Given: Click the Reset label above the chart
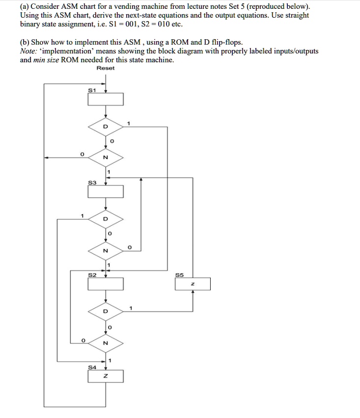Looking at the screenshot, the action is (x=106, y=68).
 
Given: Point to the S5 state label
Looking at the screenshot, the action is (x=179, y=275).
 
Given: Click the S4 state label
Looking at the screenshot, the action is (x=92, y=367).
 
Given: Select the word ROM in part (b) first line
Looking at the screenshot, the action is (x=180, y=42).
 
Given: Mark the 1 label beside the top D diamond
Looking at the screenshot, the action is (x=128, y=124).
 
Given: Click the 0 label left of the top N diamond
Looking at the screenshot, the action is (x=82, y=155).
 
